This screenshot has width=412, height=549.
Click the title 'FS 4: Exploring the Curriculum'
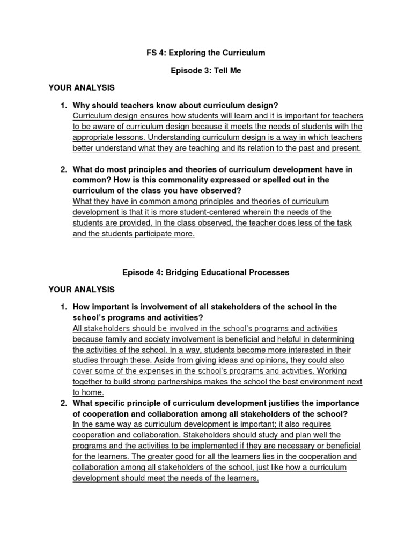point(206,53)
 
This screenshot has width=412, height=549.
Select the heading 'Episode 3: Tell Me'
point(206,71)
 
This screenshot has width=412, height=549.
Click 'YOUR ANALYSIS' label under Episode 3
point(82,87)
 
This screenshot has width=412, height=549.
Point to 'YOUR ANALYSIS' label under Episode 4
point(82,290)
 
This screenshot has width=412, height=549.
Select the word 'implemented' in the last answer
point(219,446)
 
